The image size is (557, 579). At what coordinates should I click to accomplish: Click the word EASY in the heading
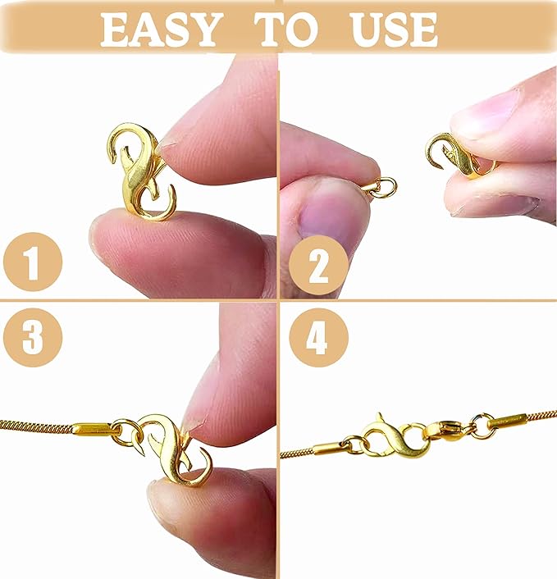pos(162,30)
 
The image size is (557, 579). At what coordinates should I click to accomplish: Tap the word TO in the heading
pos(286,30)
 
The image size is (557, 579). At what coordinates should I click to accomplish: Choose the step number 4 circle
pos(317,336)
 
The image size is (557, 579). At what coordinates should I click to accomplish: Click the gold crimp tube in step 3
pos(92,427)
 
